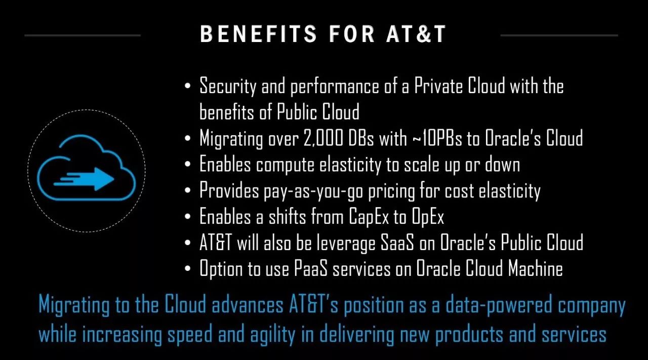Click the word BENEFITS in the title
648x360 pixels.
[258, 34]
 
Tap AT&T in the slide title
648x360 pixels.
[416, 34]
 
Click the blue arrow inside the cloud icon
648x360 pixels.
[84, 179]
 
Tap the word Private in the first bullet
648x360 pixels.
[438, 86]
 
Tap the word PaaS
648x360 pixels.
[311, 268]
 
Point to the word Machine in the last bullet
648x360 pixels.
[536, 268]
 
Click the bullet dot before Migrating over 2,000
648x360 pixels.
[187, 138]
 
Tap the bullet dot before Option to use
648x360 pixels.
[187, 268]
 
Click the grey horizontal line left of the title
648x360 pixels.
[83, 35]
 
